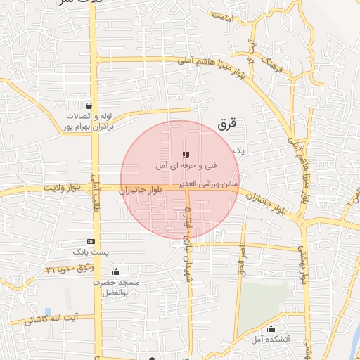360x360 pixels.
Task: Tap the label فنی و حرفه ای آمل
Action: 186,166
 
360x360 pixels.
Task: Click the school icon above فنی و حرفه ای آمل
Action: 186,155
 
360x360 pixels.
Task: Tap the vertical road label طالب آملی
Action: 96,194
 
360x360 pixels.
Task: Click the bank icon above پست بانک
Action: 91,241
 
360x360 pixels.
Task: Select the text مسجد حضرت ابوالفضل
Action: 120,287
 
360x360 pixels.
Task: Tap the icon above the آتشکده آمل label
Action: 271,328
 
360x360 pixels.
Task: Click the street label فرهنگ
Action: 270,67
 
